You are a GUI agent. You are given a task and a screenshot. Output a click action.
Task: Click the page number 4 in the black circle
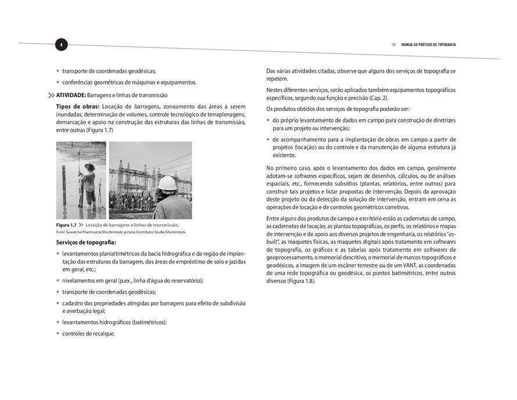62,45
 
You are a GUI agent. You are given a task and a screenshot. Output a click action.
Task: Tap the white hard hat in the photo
167,182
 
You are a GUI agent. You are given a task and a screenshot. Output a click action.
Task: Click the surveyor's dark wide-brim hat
89,167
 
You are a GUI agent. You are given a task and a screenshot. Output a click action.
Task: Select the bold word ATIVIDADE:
71,95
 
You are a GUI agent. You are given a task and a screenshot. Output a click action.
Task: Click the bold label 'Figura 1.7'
66,225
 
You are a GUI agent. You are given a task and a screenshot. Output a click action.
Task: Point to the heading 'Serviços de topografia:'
86,242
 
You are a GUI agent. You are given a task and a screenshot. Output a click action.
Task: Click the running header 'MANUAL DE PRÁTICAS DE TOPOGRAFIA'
428,45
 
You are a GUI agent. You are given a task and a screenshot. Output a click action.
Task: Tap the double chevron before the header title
394,45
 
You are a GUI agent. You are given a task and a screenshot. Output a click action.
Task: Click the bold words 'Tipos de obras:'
78,107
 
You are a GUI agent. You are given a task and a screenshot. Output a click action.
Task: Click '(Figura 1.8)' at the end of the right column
301,281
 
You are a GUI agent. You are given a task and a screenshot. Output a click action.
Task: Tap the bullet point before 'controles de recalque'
58,334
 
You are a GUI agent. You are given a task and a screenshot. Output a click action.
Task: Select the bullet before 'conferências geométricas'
58,82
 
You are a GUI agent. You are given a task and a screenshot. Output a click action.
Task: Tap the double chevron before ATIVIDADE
51,95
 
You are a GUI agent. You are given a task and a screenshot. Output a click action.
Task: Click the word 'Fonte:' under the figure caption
60,232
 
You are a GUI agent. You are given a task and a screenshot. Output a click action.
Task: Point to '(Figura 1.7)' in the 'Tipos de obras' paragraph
98,130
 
